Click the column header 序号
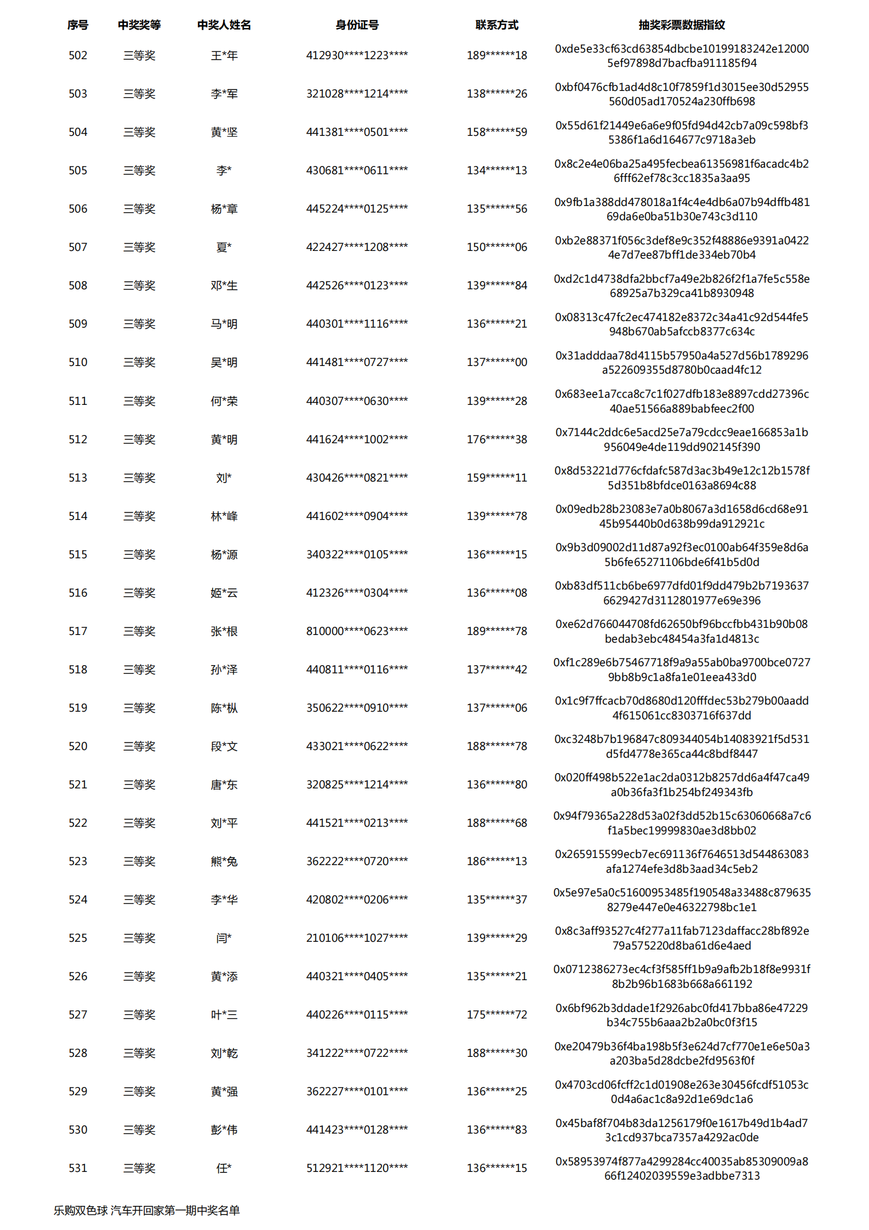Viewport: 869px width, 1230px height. point(78,25)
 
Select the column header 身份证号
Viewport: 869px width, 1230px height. point(357,25)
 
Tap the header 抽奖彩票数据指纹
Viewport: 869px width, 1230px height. point(681,25)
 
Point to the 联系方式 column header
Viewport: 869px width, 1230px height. point(496,25)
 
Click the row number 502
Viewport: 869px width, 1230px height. point(78,55)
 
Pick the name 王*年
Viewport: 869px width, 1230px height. point(224,55)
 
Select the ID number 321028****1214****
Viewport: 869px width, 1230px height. point(357,94)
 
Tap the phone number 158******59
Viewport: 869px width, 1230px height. point(496,132)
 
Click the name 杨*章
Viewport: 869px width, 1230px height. point(224,209)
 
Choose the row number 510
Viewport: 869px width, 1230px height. point(78,362)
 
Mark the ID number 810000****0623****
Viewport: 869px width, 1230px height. point(357,631)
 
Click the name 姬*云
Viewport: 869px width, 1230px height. point(224,593)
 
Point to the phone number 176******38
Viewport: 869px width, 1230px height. point(496,439)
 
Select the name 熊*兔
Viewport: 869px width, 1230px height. point(224,861)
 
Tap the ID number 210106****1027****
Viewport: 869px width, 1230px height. point(357,938)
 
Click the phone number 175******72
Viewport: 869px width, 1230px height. point(496,1015)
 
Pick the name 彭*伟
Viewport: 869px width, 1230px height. point(224,1130)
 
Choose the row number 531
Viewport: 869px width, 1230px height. point(78,1168)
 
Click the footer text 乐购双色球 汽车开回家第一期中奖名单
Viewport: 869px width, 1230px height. point(147,1210)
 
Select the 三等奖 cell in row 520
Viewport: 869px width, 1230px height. point(139,746)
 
